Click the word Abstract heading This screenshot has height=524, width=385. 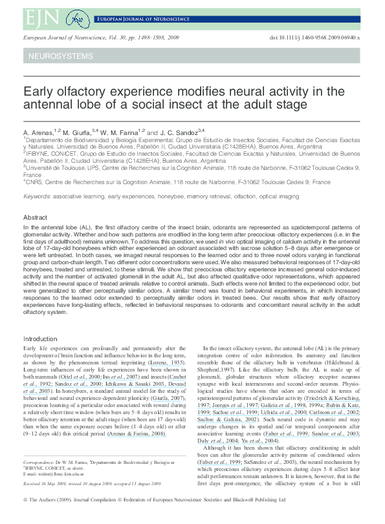tap(35, 217)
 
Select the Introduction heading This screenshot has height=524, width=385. tap(40, 339)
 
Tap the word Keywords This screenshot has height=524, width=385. tap(36, 196)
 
